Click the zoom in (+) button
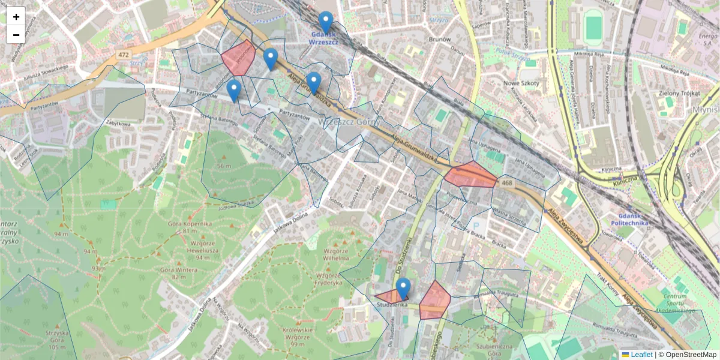(x=16, y=17)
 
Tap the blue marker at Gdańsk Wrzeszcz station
(x=326, y=22)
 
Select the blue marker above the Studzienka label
(x=403, y=289)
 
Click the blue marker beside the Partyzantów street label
(x=234, y=91)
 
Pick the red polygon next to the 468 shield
(x=471, y=175)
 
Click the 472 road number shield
(x=124, y=55)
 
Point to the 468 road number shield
(x=507, y=183)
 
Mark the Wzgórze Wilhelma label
(x=336, y=254)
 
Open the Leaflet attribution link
(x=642, y=355)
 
